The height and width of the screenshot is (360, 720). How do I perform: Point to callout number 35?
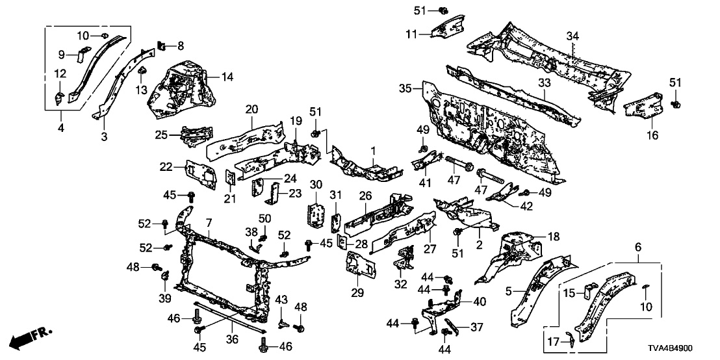tap(405, 88)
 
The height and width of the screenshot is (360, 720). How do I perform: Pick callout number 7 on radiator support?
tap(209, 224)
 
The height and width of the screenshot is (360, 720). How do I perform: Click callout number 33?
tap(542, 83)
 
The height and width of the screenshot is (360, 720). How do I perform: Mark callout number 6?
tap(637, 247)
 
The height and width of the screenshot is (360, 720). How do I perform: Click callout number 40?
tap(480, 301)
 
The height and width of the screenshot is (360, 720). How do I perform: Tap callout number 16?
tap(653, 135)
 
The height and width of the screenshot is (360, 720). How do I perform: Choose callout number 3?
tap(104, 137)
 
